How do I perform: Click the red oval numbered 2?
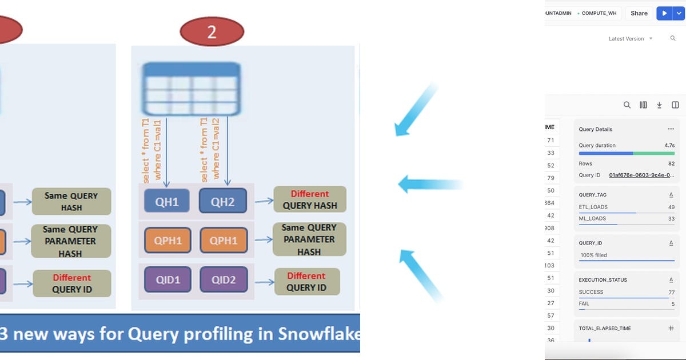212,32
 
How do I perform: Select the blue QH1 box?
167,201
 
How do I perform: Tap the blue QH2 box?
223,201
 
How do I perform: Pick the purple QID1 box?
167,280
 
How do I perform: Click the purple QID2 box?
223,280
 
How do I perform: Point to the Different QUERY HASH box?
309,199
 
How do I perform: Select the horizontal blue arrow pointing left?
430,184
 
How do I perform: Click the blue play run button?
664,13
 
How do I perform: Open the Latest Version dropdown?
631,39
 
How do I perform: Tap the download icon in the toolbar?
659,105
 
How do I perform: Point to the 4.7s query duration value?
669,146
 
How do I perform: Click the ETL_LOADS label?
593,207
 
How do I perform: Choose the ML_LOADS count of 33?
671,219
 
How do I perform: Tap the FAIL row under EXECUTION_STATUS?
584,303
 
